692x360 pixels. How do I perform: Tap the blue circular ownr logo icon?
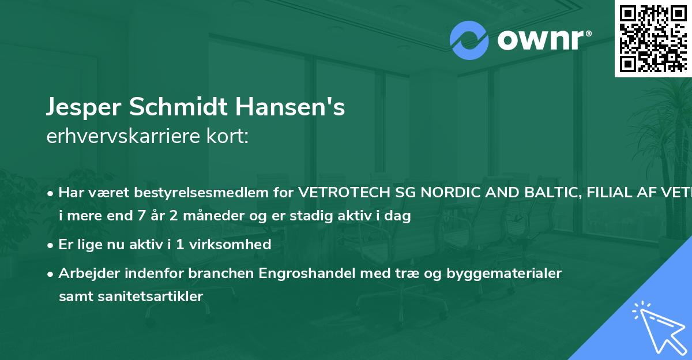pyautogui.click(x=469, y=40)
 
